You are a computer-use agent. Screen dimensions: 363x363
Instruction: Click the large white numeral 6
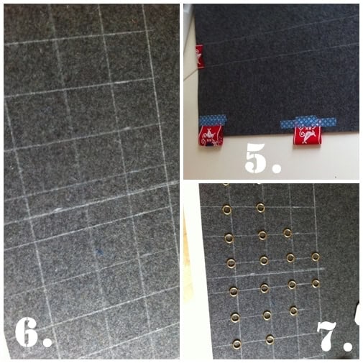pyautogui.click(x=27, y=332)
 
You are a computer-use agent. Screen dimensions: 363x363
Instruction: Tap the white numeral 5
pyautogui.click(x=256, y=157)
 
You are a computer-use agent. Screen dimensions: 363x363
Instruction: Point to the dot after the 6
pyautogui.click(x=47, y=342)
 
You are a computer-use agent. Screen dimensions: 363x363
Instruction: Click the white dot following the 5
pyautogui.click(x=277, y=168)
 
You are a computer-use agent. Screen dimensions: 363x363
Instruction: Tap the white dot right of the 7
pyautogui.click(x=348, y=346)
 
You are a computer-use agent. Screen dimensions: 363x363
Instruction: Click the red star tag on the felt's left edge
pyautogui.click(x=199, y=57)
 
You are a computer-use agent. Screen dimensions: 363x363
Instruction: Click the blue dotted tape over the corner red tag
pyautogui.click(x=213, y=120)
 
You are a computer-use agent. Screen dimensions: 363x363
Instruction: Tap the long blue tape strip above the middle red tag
pyautogui.click(x=308, y=122)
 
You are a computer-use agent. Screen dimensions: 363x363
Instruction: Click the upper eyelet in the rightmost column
pyautogui.click(x=316, y=257)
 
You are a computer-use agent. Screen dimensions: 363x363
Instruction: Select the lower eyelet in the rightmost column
pyautogui.click(x=316, y=283)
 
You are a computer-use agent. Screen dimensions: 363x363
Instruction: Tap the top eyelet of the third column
pyautogui.click(x=288, y=233)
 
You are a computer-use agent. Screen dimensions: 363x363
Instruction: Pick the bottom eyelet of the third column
pyautogui.click(x=293, y=311)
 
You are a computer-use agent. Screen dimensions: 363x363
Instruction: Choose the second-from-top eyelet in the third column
pyautogui.click(x=290, y=258)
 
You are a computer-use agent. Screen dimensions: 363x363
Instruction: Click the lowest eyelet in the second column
pyautogui.click(x=270, y=340)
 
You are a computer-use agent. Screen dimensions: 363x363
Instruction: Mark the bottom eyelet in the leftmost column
pyautogui.click(x=236, y=344)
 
